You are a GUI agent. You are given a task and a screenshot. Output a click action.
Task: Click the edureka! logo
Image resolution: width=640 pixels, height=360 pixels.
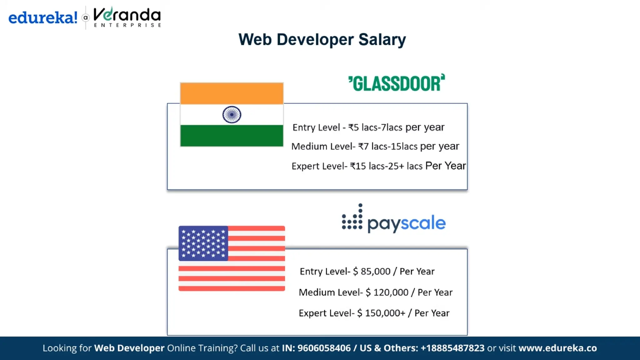(43, 17)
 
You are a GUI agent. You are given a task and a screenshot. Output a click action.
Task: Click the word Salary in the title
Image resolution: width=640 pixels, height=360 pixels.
(382, 40)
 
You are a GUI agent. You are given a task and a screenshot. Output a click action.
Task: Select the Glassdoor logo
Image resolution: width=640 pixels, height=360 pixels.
(397, 83)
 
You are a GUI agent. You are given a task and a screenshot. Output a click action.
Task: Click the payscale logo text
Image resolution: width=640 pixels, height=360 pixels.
(406, 223)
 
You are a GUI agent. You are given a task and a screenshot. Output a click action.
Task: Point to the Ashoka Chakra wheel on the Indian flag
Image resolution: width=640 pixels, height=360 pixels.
(232, 115)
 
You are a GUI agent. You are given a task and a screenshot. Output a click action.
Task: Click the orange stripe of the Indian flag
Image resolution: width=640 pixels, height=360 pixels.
(232, 93)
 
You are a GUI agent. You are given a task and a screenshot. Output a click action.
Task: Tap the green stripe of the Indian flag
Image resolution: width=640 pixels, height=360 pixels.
(232, 136)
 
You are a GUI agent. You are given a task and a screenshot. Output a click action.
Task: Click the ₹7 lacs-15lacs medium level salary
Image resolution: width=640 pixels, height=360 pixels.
(387, 146)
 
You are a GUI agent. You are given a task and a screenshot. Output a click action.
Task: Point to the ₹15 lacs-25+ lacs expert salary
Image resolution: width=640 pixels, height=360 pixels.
(386, 166)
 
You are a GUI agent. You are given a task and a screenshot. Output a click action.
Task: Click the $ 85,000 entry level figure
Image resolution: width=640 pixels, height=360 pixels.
(372, 271)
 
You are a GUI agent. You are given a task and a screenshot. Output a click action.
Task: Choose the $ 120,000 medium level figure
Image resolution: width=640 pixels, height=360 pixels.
(387, 292)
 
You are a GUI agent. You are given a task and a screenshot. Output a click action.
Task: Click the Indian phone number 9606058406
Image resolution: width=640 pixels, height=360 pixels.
(324, 348)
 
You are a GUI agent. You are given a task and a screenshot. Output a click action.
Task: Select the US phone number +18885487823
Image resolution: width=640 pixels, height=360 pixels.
(452, 348)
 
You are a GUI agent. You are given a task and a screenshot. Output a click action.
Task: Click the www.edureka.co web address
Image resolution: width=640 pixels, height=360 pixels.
(557, 348)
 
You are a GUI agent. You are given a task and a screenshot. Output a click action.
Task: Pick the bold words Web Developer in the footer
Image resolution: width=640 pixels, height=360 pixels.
(129, 348)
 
